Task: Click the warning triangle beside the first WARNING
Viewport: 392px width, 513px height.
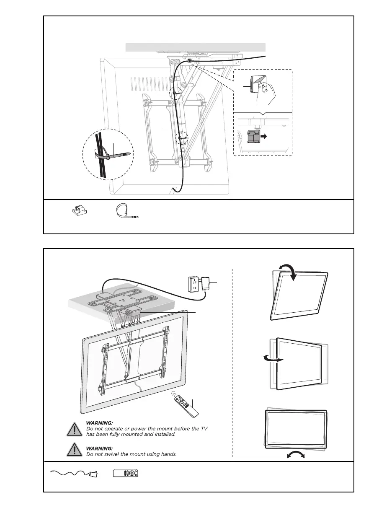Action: pyautogui.click(x=74, y=430)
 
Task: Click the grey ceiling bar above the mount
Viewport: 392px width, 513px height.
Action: pyautogui.click(x=196, y=47)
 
